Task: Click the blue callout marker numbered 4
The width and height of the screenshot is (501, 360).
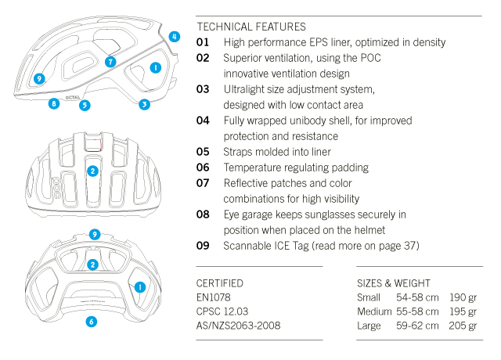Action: (x=174, y=36)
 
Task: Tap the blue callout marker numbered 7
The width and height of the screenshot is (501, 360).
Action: (x=110, y=61)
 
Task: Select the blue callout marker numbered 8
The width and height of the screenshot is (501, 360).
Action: (x=53, y=103)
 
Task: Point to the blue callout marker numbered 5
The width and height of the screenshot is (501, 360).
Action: (x=84, y=105)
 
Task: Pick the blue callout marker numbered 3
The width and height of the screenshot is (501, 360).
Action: (x=145, y=104)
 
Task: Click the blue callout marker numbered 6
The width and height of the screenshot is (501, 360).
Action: (x=91, y=321)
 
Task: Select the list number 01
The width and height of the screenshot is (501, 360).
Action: (x=203, y=42)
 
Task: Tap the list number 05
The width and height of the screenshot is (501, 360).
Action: (x=203, y=152)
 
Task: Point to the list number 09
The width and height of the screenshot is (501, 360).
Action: (x=203, y=246)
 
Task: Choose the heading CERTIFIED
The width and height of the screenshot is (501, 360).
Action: (x=220, y=283)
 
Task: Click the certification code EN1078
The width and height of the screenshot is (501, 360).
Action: (x=215, y=297)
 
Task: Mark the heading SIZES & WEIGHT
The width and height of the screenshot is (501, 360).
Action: (x=393, y=283)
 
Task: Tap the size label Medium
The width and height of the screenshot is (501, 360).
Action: (x=373, y=311)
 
